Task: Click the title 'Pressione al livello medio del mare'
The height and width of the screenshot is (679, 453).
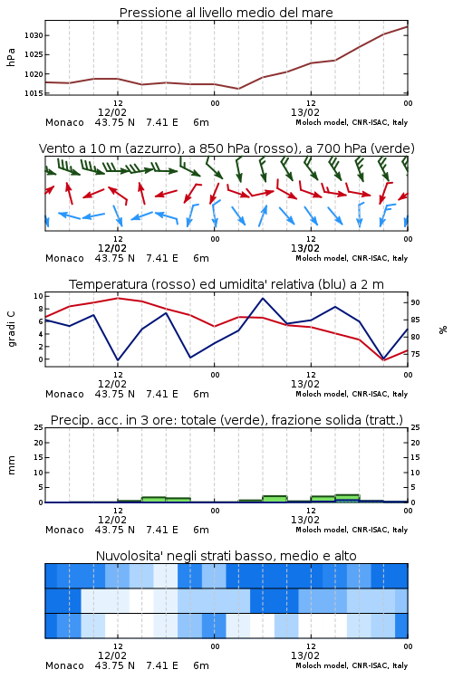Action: coord(226,13)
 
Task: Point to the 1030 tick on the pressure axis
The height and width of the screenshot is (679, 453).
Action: coord(34,35)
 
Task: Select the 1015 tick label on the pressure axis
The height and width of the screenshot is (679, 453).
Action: coord(34,93)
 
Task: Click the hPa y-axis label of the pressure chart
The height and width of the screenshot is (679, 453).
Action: coord(11,57)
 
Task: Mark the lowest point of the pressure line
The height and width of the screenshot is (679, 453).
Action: coord(238,89)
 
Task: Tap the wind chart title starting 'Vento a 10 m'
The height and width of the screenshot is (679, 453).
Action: coord(226,148)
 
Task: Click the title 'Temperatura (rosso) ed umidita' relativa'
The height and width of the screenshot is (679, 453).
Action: coord(226,284)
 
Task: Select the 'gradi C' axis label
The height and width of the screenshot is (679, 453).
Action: coord(11,329)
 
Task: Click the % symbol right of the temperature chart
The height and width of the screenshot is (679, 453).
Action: coord(443,330)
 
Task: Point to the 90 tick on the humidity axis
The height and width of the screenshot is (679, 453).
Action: coord(415,302)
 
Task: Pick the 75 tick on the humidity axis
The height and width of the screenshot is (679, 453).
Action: coord(415,354)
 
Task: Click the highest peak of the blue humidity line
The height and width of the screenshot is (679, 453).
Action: coord(263,298)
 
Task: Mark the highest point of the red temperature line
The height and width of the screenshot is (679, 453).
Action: coord(118,298)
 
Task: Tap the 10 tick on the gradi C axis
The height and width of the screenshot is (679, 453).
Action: coord(39,296)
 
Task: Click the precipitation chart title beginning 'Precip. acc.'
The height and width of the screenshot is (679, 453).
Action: coord(226,420)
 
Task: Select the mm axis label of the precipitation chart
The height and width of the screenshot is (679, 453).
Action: coord(11,465)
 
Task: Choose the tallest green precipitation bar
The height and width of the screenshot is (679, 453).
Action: coord(347,498)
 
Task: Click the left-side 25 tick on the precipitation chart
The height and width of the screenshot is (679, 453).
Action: coord(39,427)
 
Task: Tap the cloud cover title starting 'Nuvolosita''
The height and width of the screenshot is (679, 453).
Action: coord(226,556)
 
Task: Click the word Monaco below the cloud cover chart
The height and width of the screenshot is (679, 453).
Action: coord(64,665)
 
